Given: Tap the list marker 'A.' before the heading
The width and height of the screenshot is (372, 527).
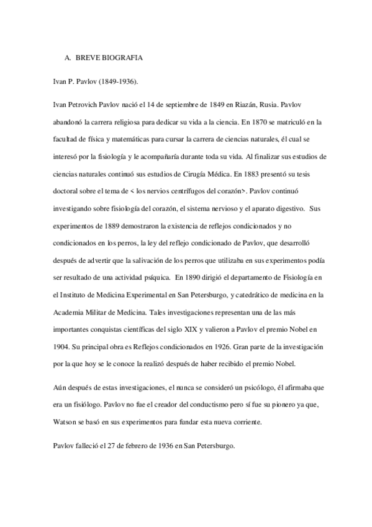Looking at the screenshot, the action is click(68, 58).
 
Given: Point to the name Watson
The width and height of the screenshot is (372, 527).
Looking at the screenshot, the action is click(67, 421).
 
